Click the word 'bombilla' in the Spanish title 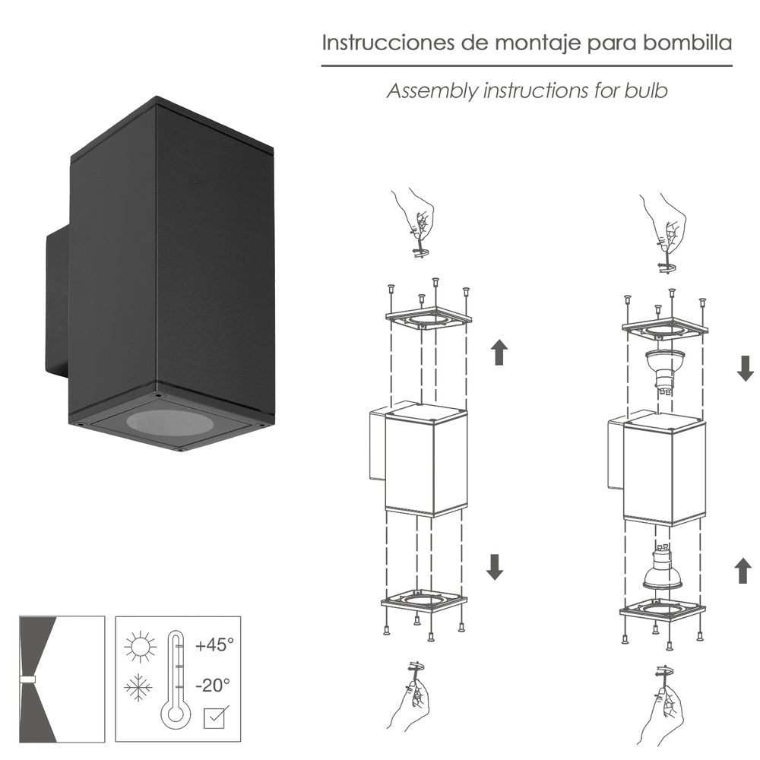[x=687, y=43]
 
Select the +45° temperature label [x=214, y=645]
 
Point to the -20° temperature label [x=212, y=685]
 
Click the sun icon [x=141, y=648]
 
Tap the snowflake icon [x=138, y=689]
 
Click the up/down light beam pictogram [x=61, y=678]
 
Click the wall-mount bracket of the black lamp [x=56, y=304]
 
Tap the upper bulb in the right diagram [x=664, y=370]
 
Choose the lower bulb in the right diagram [x=663, y=570]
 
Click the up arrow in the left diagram [x=499, y=352]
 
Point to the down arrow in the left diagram [x=495, y=566]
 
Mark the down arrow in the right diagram [x=746, y=368]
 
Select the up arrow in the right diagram [x=744, y=570]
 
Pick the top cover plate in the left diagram [x=428, y=317]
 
